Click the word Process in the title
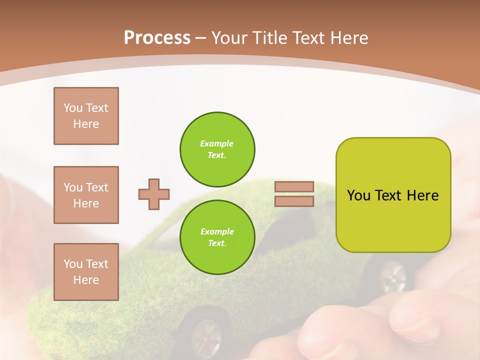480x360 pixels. tap(157, 38)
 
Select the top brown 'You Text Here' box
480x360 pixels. tap(86, 116)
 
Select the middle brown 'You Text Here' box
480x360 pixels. tap(86, 195)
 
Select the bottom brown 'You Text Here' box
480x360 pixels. tap(86, 271)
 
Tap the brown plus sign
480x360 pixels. tap(154, 194)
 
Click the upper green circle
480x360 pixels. tap(217, 149)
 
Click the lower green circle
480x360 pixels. tap(217, 237)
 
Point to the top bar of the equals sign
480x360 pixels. tap(294, 187)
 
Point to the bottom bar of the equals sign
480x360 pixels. tap(294, 201)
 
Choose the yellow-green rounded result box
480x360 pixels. tap(393, 194)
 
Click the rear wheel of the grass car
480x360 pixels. tap(392, 276)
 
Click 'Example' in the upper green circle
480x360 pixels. tap(217, 143)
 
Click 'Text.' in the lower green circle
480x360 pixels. tap(217, 243)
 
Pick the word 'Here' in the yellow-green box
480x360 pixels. tap(422, 195)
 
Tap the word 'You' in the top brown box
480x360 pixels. tap(72, 108)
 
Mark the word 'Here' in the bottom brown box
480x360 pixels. tap(86, 280)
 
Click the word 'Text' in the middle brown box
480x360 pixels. tap(96, 187)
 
